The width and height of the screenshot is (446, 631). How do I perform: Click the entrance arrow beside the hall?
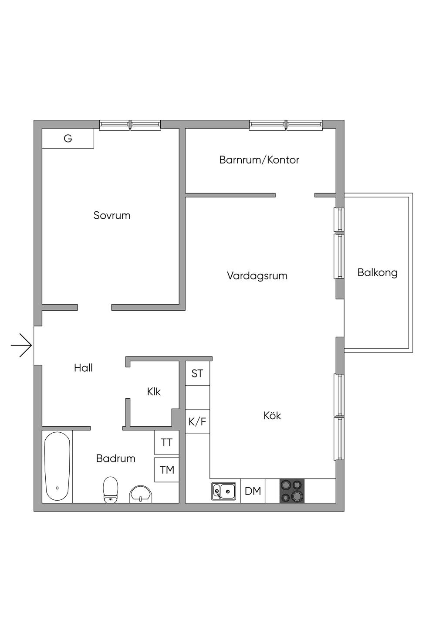21,346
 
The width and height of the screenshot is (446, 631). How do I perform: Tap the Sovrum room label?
112,216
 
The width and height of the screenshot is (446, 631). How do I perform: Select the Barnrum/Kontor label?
259,160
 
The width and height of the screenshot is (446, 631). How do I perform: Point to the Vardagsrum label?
257,275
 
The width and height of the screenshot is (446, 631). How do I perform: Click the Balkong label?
378,272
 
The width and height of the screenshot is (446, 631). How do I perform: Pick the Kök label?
272,415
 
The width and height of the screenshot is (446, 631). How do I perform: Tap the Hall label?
83,368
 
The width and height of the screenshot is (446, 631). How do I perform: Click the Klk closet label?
154,392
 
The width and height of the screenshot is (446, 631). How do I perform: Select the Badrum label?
116,458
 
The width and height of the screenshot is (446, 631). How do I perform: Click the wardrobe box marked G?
68,138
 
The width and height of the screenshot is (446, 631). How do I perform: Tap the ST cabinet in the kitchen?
197,373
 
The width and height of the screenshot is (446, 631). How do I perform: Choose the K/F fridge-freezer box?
197,421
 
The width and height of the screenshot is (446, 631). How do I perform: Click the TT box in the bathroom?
167,442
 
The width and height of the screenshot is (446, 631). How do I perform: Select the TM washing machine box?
167,470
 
